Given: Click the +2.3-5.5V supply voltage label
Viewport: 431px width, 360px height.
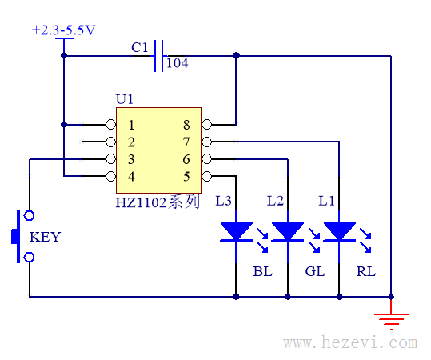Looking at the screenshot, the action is pyautogui.click(x=63, y=30).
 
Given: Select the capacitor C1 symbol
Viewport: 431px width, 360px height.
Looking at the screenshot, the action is pyautogui.click(x=158, y=56).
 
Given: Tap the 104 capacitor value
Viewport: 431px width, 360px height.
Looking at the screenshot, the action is pyautogui.click(x=178, y=63).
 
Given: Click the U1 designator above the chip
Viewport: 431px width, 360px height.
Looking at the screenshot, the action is pyautogui.click(x=125, y=99).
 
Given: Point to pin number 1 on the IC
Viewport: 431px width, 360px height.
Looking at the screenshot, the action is pyautogui.click(x=131, y=125).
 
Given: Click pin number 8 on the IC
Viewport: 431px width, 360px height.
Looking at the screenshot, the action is pyautogui.click(x=186, y=125).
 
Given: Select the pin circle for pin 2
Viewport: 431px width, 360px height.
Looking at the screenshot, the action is pyautogui.click(x=111, y=142).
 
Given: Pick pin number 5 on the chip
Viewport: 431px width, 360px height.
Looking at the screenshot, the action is pyautogui.click(x=186, y=176).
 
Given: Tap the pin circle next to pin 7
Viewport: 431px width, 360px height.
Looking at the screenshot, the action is pyautogui.click(x=206, y=142).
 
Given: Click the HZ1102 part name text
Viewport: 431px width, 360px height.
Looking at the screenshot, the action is pyautogui.click(x=141, y=202).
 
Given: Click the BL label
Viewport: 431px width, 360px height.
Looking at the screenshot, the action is pyautogui.click(x=263, y=271).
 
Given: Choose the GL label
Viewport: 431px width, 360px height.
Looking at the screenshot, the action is pyautogui.click(x=315, y=271).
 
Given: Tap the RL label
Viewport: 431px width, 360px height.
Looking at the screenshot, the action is pyautogui.click(x=366, y=271).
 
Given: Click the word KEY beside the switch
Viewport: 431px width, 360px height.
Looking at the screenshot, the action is pyautogui.click(x=45, y=237).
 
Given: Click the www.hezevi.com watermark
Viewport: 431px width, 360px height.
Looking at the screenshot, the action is pyautogui.click(x=351, y=342).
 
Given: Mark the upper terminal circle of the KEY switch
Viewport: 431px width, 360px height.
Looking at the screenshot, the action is pyautogui.click(x=29, y=216).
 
